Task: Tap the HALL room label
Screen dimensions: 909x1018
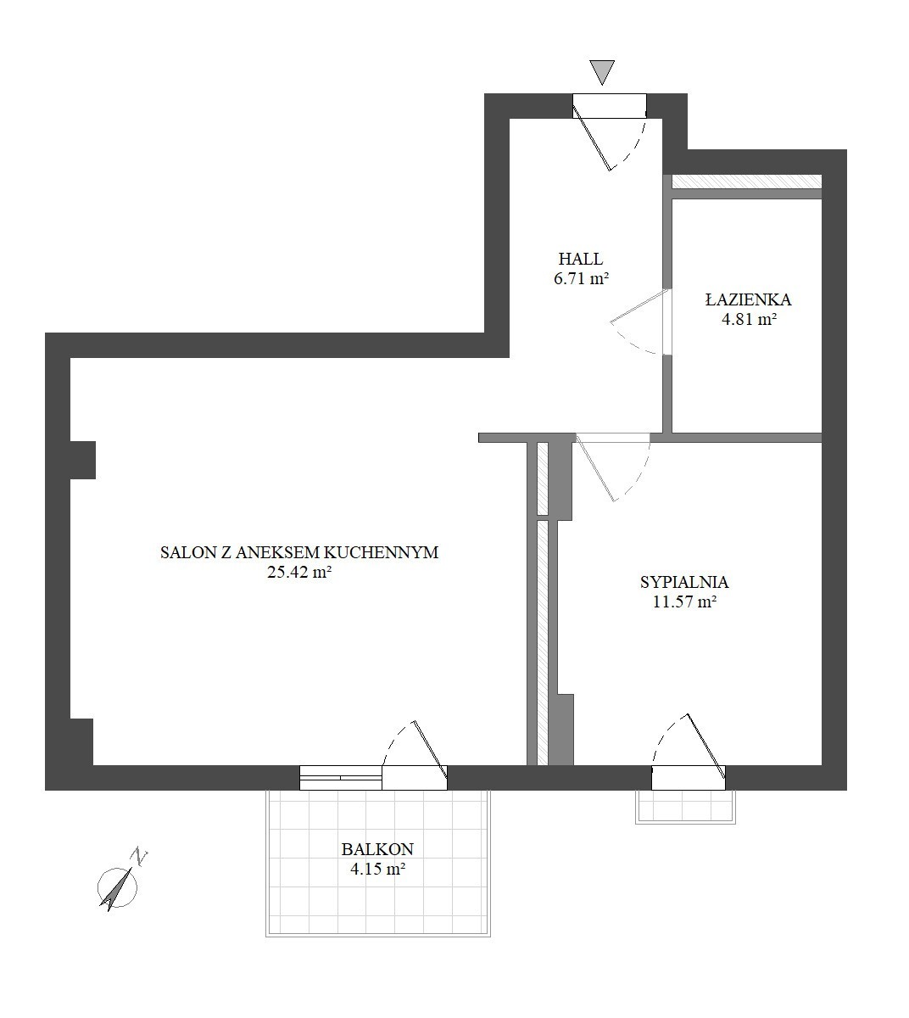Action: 581,260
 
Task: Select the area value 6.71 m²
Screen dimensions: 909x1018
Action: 582,278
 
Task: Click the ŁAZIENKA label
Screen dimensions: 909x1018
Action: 748,300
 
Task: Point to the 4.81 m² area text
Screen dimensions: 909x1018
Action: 750,319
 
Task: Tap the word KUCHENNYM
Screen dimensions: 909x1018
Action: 381,553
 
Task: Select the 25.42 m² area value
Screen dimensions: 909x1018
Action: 299,572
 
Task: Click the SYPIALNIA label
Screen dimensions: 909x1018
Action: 684,582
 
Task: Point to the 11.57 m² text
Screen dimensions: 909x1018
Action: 684,601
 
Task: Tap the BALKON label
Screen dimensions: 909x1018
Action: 377,849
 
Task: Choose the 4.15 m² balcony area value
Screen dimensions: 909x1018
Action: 377,868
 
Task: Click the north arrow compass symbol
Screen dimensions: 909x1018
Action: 118,888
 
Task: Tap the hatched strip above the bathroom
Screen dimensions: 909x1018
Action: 747,182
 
